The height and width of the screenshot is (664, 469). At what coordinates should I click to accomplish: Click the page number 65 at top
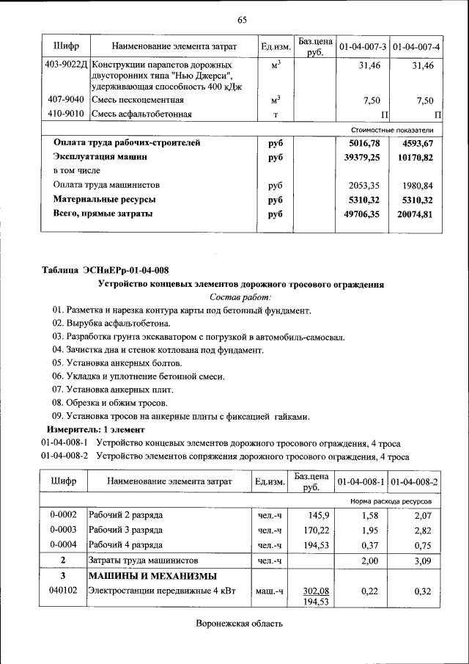coord(242,20)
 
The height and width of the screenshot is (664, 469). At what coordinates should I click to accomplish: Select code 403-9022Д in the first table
coord(66,66)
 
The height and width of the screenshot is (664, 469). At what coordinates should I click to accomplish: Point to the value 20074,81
coord(415,214)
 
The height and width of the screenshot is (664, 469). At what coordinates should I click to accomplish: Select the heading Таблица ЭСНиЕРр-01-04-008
coord(110,271)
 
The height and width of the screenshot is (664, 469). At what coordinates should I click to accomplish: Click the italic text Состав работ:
coord(240,297)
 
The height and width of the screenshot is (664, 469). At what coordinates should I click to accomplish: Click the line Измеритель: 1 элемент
coord(96,428)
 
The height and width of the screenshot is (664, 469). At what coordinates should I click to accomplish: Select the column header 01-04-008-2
coord(415,482)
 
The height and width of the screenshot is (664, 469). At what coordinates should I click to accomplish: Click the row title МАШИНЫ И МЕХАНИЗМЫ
coord(152,575)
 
